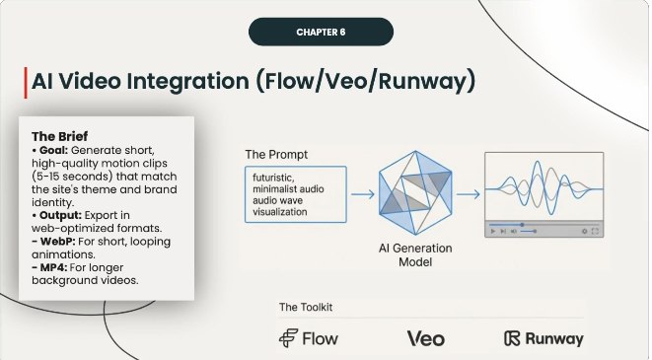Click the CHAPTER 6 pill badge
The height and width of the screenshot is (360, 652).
321,32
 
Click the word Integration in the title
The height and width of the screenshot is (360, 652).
192,81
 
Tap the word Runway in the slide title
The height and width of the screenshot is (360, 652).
420,81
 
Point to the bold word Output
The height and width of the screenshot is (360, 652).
61,213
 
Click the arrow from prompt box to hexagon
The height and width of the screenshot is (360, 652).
362,194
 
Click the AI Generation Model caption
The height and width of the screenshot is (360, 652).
415,256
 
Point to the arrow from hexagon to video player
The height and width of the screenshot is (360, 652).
468,194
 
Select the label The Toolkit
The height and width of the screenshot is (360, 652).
304,307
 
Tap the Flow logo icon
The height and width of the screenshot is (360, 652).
288,338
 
